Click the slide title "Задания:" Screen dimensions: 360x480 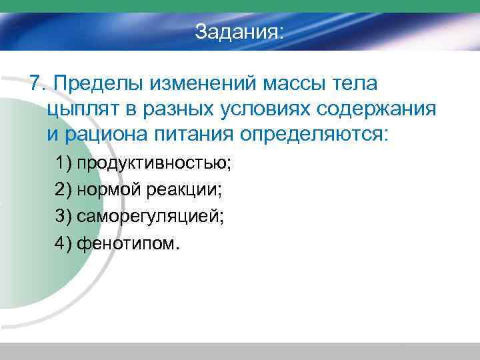point(239,32)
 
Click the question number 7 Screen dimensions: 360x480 point(35,85)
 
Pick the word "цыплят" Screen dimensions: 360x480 point(81,110)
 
